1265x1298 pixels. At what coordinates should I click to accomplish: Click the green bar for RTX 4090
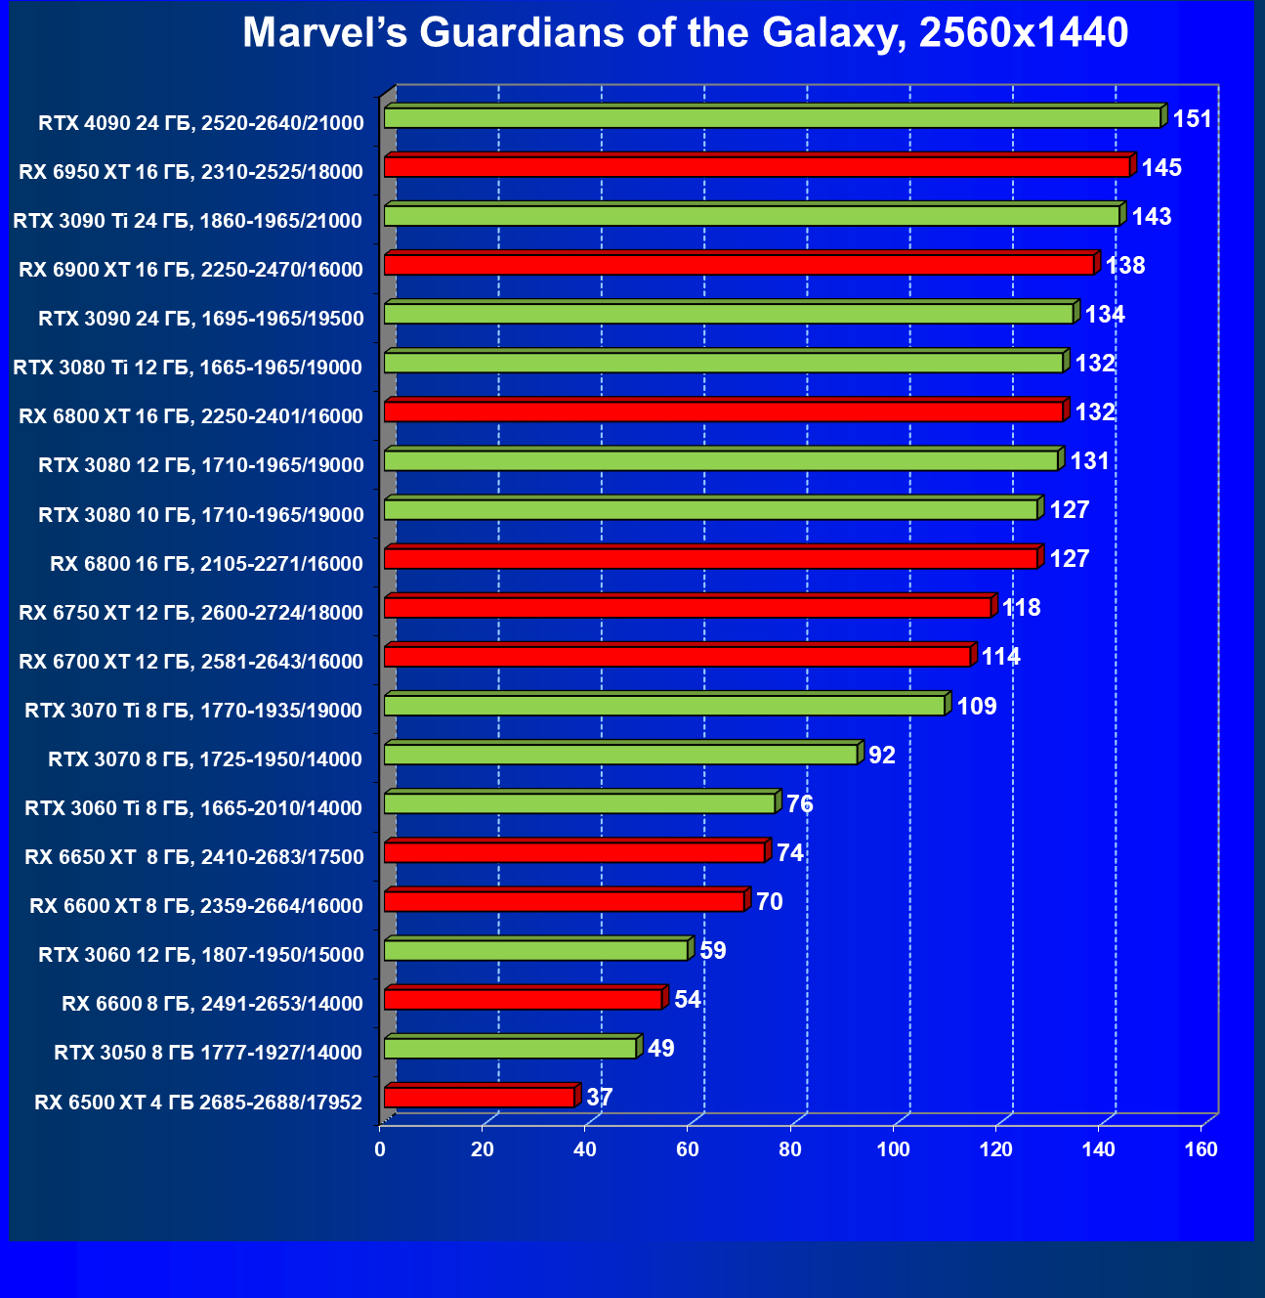[772, 118]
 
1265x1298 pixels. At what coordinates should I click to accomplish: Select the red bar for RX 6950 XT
[757, 167]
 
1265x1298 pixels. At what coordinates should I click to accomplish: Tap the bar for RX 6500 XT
[480, 1098]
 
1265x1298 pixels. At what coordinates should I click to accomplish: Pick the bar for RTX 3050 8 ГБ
[510, 1049]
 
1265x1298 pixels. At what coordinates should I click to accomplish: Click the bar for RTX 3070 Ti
[664, 706]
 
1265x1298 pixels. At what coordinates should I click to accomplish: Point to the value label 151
[1192, 119]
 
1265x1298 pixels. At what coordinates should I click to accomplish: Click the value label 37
[600, 1098]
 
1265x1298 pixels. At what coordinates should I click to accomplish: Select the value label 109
[977, 706]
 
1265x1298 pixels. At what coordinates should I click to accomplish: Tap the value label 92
[882, 755]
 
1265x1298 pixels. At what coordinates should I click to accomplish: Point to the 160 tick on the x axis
[1202, 1149]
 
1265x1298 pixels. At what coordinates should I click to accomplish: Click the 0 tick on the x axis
[380, 1149]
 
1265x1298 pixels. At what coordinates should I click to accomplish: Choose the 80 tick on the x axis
[790, 1149]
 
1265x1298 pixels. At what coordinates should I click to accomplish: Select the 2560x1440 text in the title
[1024, 33]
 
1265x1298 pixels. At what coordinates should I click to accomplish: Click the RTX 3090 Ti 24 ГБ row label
[188, 221]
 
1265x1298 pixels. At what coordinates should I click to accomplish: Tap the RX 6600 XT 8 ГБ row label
[196, 906]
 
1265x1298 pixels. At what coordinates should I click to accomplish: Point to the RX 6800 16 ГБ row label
[206, 564]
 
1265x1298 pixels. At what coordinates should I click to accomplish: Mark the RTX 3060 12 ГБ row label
[200, 955]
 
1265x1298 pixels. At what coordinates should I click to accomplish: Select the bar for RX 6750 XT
[688, 608]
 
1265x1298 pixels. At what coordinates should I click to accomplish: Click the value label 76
[800, 803]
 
